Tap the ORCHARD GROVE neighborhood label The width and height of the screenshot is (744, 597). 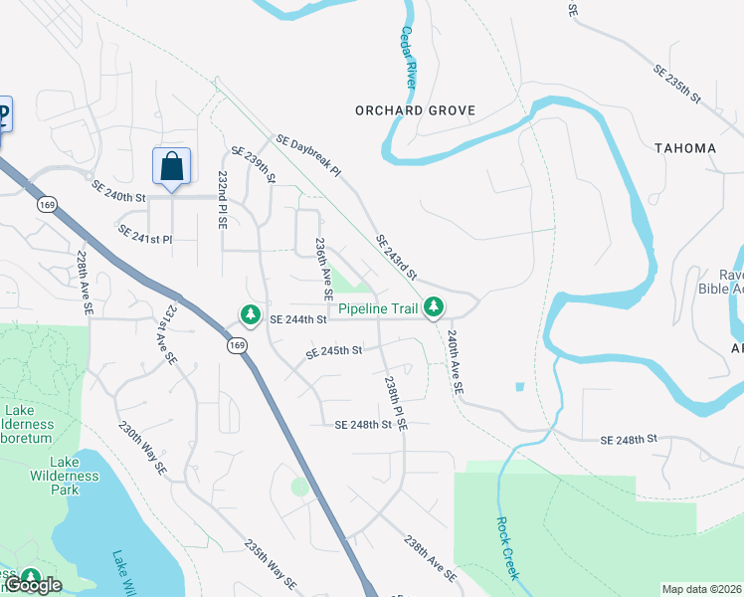click(x=416, y=110)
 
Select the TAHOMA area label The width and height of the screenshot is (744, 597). click(x=685, y=148)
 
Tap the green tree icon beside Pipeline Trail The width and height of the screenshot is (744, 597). click(x=433, y=308)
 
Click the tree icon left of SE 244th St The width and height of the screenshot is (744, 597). click(x=250, y=315)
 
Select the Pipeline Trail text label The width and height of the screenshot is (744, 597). click(x=378, y=309)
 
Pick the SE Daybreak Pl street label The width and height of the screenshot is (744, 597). click(x=309, y=157)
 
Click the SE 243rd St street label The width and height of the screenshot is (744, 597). click(x=396, y=257)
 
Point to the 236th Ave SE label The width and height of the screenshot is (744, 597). click(x=323, y=269)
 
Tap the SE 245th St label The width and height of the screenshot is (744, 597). click(x=334, y=350)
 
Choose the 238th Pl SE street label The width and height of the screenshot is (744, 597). click(x=395, y=401)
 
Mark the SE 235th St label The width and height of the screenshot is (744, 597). click(x=677, y=87)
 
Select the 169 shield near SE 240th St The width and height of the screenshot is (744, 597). click(x=48, y=204)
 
